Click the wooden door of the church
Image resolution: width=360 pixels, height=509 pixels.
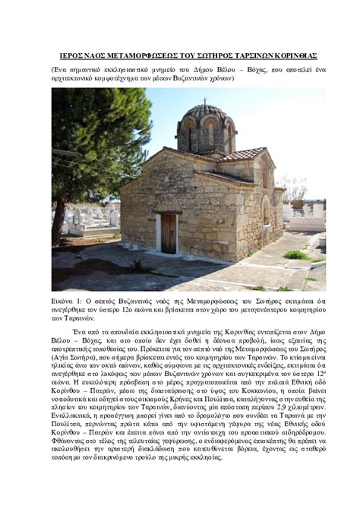pyautogui.click(x=169, y=233)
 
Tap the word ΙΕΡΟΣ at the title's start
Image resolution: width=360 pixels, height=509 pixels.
pyautogui.click(x=75, y=56)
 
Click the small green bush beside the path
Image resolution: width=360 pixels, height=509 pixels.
pyautogui.click(x=295, y=255)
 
